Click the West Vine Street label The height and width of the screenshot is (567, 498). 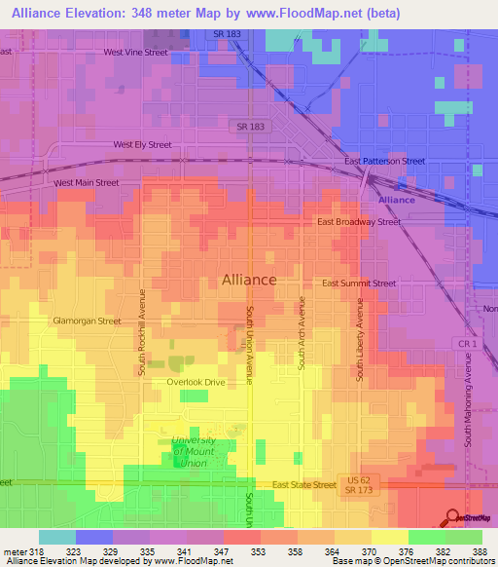point(136,53)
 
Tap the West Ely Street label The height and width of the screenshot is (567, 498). point(142,144)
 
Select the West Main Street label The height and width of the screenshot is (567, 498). point(87,182)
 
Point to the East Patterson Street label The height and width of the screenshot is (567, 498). point(385,161)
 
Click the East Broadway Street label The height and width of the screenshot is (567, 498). point(359,222)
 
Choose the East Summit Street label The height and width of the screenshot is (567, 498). point(359,283)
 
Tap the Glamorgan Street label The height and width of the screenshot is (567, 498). point(87,321)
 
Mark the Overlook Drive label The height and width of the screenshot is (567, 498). point(195,382)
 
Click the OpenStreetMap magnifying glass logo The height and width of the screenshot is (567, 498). point(453,515)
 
